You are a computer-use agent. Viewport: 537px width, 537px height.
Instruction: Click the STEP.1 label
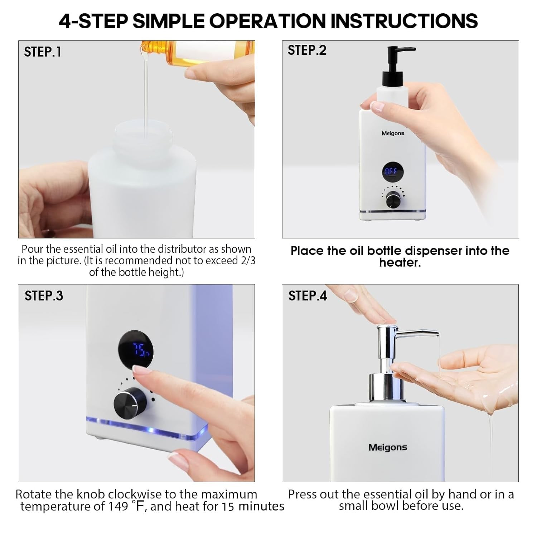pos(43,52)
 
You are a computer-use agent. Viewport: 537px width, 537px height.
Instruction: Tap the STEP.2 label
pos(307,50)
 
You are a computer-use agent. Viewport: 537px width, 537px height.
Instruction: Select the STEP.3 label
pos(44,296)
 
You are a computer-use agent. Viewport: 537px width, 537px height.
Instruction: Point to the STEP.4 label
pos(308,296)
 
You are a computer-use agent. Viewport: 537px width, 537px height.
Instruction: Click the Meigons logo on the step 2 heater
pos(393,134)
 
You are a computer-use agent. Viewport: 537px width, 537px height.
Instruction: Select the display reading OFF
pos(391,172)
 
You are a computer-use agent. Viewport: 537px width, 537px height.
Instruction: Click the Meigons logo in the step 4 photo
pos(388,447)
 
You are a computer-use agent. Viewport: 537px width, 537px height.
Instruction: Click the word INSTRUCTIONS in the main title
pos(404,21)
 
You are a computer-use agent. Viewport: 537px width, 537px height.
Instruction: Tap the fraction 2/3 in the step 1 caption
pos(247,260)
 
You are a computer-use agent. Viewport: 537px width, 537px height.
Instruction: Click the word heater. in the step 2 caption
pos(400,263)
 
